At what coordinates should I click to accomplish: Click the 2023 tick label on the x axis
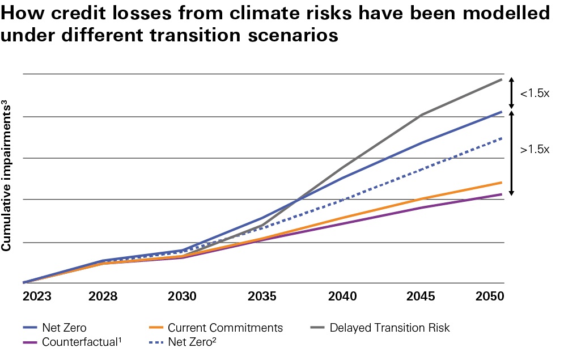(x=37, y=297)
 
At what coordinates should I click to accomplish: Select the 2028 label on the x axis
(x=103, y=297)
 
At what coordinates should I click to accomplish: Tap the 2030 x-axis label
(x=183, y=297)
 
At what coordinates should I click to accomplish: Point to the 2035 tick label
(x=262, y=297)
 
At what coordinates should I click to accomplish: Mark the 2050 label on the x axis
(x=490, y=297)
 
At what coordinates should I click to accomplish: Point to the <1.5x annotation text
(x=535, y=93)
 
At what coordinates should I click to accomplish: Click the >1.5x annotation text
(x=535, y=150)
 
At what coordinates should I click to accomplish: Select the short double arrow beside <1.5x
(x=512, y=93)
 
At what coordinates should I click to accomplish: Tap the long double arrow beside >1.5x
(x=512, y=153)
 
